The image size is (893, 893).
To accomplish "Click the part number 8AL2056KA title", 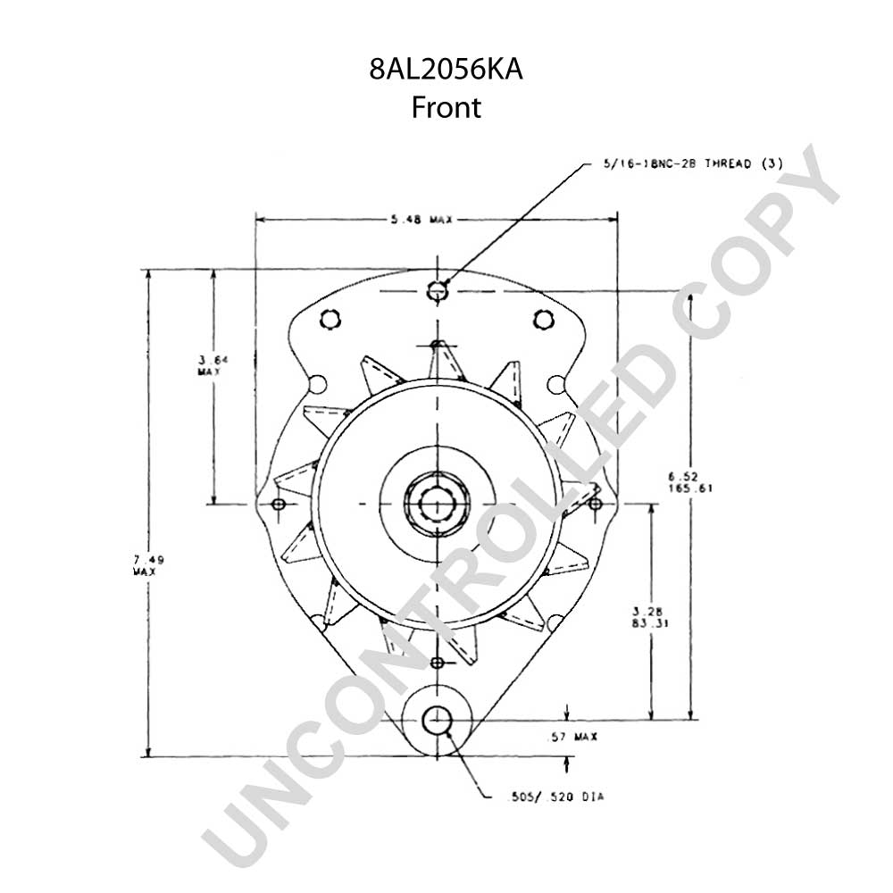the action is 446,70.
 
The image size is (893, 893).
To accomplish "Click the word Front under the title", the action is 446,107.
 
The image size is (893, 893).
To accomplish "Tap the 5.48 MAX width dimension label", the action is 421,220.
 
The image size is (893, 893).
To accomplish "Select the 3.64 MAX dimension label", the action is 209,365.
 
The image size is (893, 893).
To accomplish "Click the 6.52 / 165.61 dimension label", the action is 689,482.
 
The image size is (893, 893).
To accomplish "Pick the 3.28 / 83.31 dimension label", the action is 650,617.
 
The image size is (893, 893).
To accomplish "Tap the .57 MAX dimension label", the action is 572,737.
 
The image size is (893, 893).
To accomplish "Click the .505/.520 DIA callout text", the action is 555,797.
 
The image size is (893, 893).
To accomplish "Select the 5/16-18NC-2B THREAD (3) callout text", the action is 693,164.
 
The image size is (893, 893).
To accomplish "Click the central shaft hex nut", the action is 437,504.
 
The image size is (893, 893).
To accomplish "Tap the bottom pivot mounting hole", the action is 437,721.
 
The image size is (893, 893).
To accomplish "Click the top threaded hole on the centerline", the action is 438,291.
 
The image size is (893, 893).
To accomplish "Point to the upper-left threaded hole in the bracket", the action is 330,319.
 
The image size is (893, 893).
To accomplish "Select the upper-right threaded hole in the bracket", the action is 544,319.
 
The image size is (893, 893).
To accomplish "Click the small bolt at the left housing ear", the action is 279,504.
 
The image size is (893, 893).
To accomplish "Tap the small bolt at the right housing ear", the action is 595,504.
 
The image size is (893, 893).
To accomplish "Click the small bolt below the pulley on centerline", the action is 438,663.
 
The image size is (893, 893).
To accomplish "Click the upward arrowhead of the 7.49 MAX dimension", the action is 148,274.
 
